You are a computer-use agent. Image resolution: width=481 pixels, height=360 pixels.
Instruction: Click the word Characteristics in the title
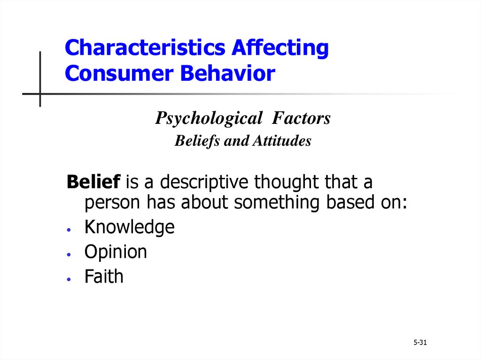pyautogui.click(x=145, y=47)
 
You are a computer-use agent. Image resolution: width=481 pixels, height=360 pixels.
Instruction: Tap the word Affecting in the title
pyautogui.click(x=280, y=48)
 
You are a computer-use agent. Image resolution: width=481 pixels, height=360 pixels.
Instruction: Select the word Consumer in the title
pyautogui.click(x=119, y=73)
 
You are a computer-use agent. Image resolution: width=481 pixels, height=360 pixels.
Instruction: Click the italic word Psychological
pyautogui.click(x=209, y=118)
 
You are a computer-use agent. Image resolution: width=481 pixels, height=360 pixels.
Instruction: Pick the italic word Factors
pyautogui.click(x=301, y=118)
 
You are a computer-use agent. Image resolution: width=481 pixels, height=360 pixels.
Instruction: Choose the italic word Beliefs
pyautogui.click(x=197, y=141)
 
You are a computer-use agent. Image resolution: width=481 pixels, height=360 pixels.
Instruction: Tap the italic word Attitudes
pyautogui.click(x=282, y=141)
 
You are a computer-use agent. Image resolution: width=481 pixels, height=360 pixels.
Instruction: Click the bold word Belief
pyautogui.click(x=93, y=181)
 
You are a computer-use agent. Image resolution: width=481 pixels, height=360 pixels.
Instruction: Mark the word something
pyautogui.click(x=277, y=203)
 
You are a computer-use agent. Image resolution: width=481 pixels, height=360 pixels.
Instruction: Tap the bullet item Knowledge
pyautogui.click(x=130, y=227)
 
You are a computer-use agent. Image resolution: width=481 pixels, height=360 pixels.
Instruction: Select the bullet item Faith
pyautogui.click(x=104, y=276)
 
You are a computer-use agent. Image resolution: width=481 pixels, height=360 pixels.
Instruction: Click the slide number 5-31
pyautogui.click(x=420, y=342)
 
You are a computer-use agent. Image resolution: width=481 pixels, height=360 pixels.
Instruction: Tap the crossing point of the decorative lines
pyautogui.click(x=40, y=94)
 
